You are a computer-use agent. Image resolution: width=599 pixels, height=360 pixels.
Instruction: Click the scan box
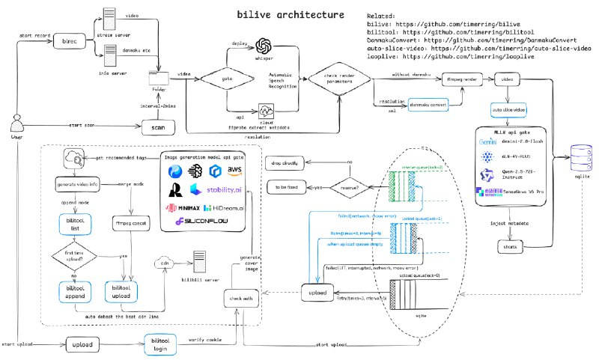pyautogui.click(x=157, y=128)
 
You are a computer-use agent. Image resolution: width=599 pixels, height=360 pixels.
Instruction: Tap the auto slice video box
pyautogui.click(x=509, y=110)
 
